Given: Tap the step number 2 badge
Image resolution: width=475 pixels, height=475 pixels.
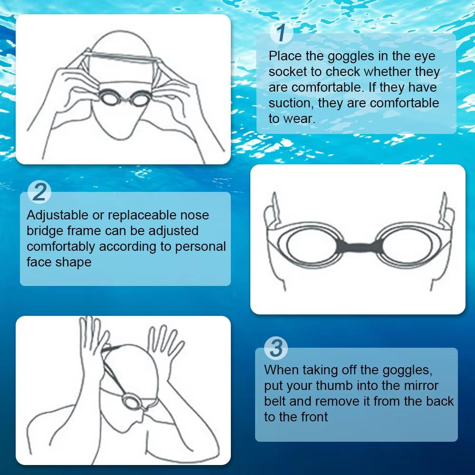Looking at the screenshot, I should pyautogui.click(x=40, y=192).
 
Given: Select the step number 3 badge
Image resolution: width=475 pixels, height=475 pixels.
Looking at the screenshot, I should pyautogui.click(x=275, y=348).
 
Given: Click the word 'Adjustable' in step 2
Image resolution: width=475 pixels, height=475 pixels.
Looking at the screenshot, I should pyautogui.click(x=57, y=215).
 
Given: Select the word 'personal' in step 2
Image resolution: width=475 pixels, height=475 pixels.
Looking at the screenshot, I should pyautogui.click(x=200, y=247).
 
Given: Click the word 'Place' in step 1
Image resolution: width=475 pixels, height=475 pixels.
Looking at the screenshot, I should pyautogui.click(x=285, y=57).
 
